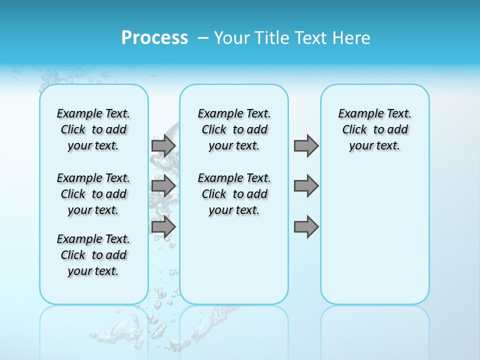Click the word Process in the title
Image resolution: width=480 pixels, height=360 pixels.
154,37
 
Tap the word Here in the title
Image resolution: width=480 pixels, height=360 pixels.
351,38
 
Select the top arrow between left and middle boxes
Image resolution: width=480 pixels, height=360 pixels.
163,145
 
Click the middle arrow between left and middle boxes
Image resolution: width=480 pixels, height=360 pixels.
163,186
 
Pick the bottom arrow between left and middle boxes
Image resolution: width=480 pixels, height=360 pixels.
163,226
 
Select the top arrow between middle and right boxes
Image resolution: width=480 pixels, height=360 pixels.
306,145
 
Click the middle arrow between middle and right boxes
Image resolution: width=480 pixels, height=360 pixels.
306,186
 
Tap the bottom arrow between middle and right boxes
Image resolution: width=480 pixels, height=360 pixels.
306,226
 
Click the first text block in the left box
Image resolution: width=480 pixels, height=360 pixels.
93,129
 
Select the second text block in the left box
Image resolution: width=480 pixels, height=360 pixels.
93,194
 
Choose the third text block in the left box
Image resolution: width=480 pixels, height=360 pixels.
93,255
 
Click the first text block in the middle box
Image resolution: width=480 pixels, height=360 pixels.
234,129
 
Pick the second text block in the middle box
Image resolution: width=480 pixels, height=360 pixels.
234,194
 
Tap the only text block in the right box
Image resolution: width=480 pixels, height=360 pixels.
375,129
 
